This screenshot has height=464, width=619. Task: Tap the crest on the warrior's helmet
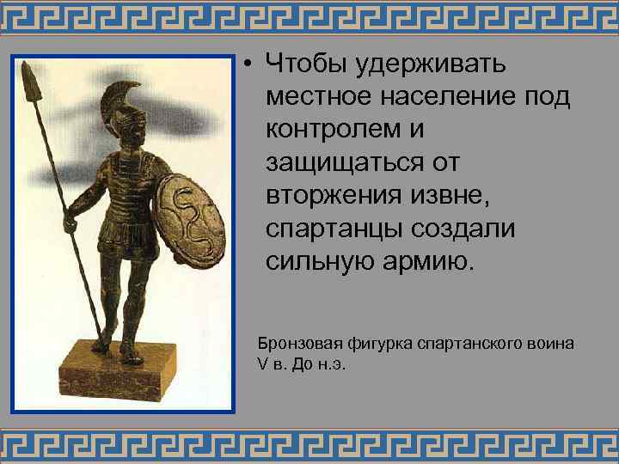[x=126, y=95]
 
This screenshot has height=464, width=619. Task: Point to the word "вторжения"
[x=336, y=196]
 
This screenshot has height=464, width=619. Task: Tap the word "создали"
[x=458, y=229]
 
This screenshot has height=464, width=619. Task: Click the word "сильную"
[x=317, y=261]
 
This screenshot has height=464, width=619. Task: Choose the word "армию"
[x=426, y=261]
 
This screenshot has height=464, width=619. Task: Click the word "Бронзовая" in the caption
[x=293, y=344]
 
